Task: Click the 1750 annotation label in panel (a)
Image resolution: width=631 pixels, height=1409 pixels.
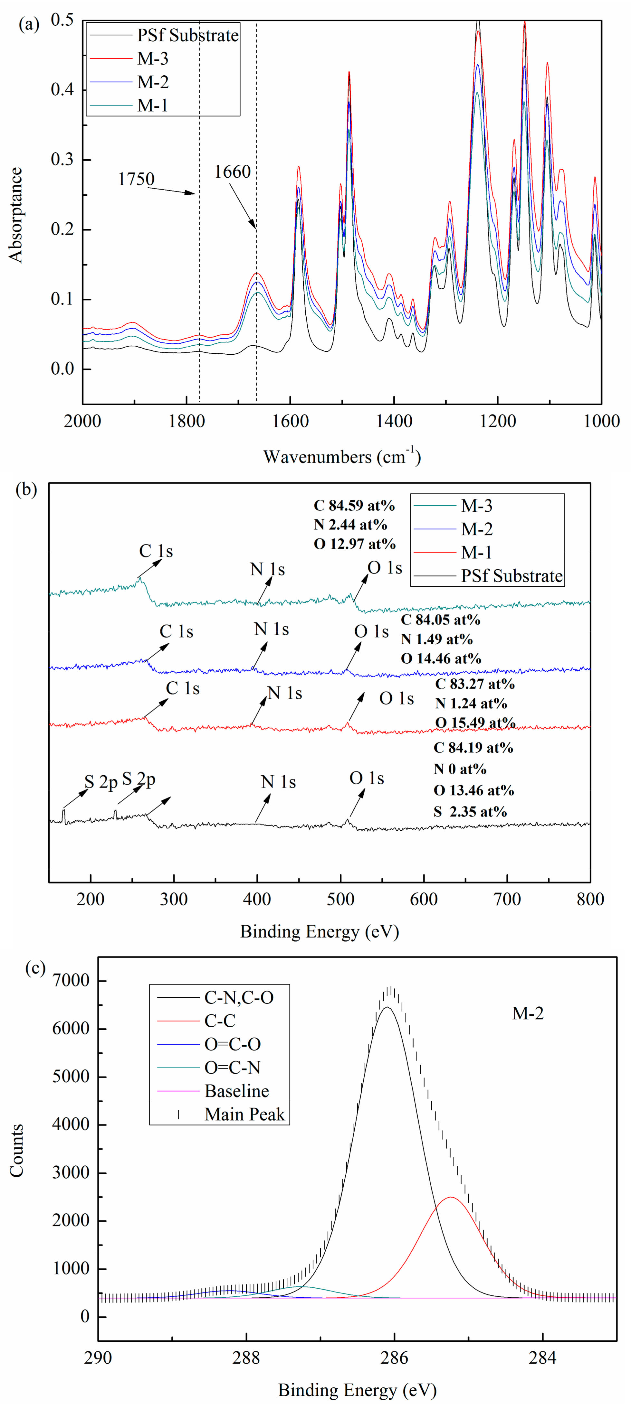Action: pyautogui.click(x=136, y=179)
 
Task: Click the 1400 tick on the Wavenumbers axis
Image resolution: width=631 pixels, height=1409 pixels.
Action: pyautogui.click(x=394, y=421)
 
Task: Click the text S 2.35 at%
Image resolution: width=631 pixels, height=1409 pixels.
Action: pyautogui.click(x=470, y=812)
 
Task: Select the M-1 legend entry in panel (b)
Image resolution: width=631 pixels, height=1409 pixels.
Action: pyautogui.click(x=476, y=553)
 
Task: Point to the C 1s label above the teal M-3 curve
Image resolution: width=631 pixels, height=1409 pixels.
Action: pyautogui.click(x=156, y=551)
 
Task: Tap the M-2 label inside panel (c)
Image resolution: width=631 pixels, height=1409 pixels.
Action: pyautogui.click(x=528, y=1013)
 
